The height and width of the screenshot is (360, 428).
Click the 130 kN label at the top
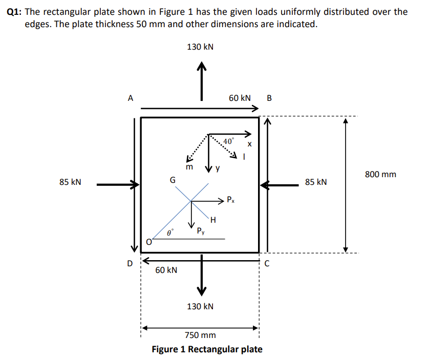point(200,47)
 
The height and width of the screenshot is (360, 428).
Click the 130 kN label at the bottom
point(200,306)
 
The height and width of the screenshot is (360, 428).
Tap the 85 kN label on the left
point(70,182)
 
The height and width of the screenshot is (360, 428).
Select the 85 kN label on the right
point(316,182)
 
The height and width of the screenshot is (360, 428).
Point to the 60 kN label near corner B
point(240,98)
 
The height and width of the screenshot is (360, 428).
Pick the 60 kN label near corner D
point(166,270)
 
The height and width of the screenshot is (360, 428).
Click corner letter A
point(131,98)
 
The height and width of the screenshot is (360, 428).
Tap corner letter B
point(270,98)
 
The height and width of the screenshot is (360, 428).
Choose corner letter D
point(130,264)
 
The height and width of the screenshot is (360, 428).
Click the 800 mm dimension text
point(380,175)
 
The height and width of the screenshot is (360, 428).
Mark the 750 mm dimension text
point(200,335)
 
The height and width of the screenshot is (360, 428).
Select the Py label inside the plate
point(202,231)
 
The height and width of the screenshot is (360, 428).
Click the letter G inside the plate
point(173,180)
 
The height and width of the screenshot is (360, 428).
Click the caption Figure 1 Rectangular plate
point(207,349)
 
